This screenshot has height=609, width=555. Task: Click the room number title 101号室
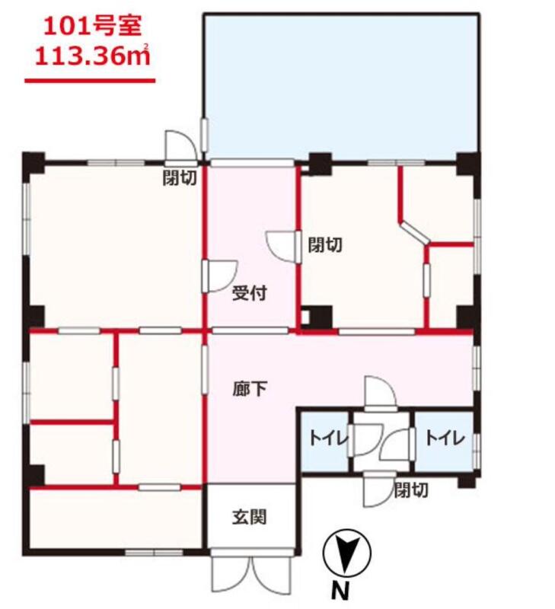(92, 27)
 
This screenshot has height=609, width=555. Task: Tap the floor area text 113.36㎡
(92, 56)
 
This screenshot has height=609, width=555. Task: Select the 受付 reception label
(249, 293)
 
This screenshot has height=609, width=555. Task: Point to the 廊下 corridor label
(250, 388)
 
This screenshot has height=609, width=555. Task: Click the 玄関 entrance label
(250, 518)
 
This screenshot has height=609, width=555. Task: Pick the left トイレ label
(329, 438)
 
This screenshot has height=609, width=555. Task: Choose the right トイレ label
(445, 438)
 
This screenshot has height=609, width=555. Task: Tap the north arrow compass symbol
(347, 553)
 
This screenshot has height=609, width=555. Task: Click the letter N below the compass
(340, 591)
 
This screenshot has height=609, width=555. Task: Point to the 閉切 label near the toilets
(411, 490)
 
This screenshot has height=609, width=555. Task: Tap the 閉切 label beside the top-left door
(180, 178)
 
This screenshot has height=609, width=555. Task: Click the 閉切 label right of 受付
(325, 245)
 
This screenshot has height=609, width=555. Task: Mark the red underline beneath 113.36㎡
(90, 81)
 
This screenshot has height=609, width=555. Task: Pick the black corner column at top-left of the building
(33, 162)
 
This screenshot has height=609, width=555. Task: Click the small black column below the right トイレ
(467, 482)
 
